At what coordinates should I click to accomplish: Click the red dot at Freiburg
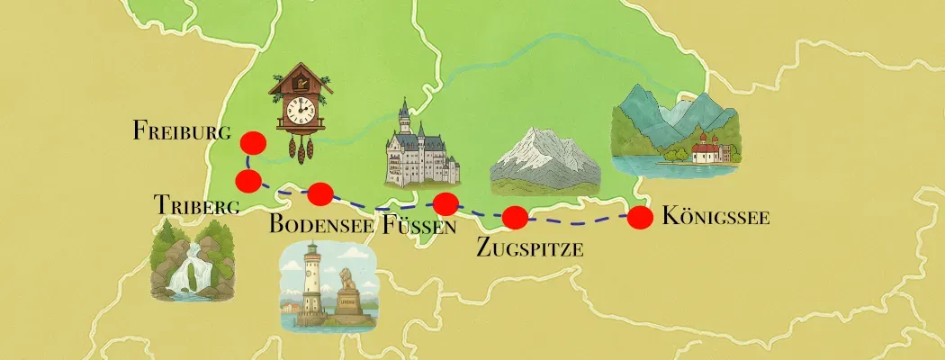252,142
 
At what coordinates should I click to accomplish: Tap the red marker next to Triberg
248,180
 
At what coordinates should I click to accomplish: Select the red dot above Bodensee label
320,193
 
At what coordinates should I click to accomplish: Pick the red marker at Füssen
445,202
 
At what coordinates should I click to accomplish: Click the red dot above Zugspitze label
514,217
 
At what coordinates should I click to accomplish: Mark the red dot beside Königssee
640,217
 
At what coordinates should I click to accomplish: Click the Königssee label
715,216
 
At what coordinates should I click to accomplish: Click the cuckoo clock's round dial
299,112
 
